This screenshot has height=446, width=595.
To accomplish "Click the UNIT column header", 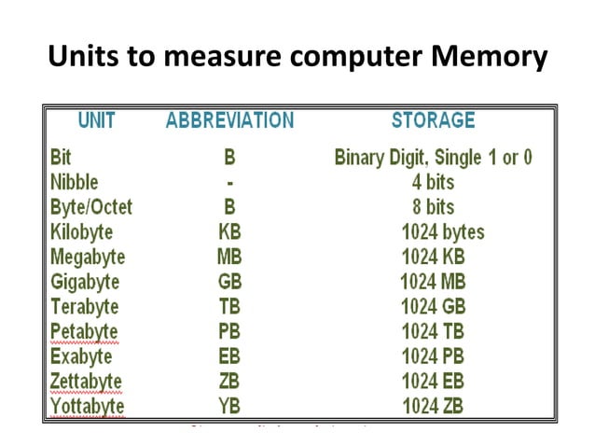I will pos(96,120).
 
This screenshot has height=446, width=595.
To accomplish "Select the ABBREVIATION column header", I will pos(229,120).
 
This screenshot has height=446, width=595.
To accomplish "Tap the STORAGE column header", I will pos(433,120).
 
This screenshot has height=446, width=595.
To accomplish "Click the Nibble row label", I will pos(74,182).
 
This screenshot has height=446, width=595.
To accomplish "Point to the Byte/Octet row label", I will pos(90,207).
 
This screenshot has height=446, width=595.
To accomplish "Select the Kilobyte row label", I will pos(83,232).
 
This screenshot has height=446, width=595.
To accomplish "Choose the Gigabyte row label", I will pos(85,282).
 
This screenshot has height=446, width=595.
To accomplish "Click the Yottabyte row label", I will pos(87,407).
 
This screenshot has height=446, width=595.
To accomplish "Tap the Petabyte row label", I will pos(84,332).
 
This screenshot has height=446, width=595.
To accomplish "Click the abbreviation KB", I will pos(229,232).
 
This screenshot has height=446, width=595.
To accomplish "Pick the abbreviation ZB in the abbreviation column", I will pos(229,382).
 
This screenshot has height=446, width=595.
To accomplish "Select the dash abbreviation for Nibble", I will pos(229,182).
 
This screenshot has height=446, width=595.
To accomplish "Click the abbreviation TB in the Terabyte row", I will pos(229,307).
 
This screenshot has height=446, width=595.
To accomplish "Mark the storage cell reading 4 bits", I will pos(434,182).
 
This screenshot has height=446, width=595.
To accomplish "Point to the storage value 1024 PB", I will pos(434,357).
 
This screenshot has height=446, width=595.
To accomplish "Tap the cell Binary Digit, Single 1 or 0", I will pos(434,157).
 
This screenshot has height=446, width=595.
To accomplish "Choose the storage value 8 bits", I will pos(434,207).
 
